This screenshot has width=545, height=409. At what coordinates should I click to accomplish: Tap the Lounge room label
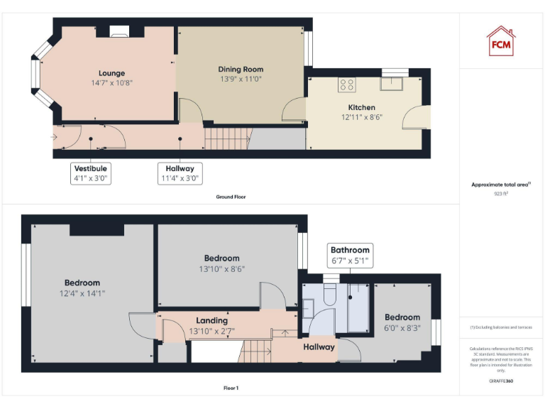pos(112,73)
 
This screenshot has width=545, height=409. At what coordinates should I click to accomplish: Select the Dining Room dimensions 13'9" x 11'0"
pos(241,79)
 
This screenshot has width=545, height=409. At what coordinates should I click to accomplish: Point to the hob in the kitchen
pos(347,84)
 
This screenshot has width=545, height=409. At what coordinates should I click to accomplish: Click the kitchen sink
pos(391,84)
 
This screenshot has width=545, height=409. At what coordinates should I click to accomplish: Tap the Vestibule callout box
pos(90,173)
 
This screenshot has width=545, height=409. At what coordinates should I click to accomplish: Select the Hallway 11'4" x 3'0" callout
pos(180,173)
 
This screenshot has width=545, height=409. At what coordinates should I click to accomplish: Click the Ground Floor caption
pos(231,197)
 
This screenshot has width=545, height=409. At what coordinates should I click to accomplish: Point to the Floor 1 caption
pos(231,388)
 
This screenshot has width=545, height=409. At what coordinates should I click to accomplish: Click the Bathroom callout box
pos(350,255)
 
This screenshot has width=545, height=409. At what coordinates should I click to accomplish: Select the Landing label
pos(212,320)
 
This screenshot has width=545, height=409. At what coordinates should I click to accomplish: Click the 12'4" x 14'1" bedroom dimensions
pos(82,293)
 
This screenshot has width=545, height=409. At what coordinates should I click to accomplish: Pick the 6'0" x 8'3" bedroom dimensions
pos(402,327)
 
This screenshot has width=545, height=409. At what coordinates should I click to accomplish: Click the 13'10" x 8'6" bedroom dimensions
pos(222,268)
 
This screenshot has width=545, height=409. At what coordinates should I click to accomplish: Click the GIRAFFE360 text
pos(501,381)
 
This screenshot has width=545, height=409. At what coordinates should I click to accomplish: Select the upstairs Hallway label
pos(319,347)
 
